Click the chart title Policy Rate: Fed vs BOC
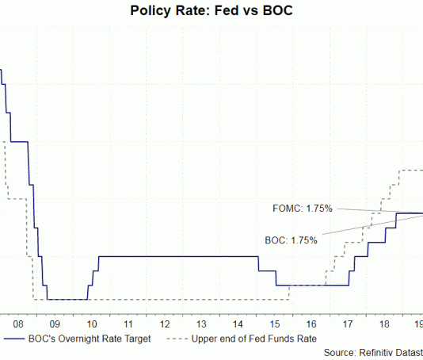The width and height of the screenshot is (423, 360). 211,12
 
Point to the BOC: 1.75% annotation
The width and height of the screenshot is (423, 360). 291,239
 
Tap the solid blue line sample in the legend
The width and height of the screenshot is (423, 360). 17,339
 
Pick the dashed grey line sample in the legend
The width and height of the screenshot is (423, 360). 181,339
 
